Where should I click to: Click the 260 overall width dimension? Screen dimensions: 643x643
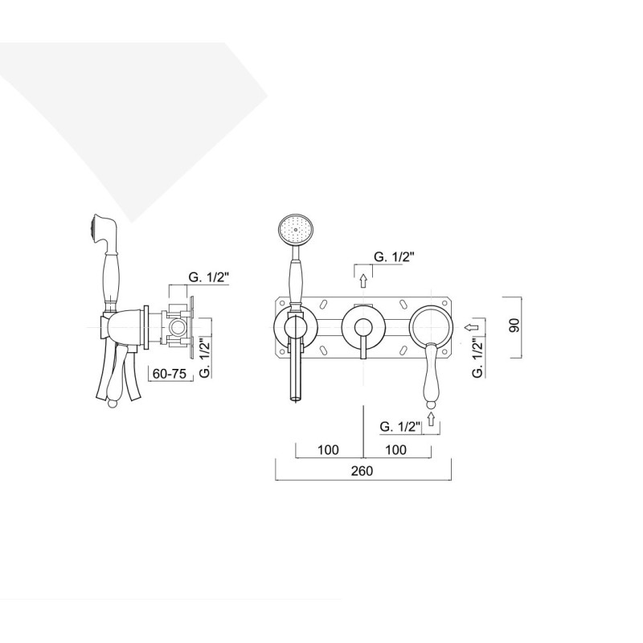coord(362,471)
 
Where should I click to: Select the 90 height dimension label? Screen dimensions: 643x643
coord(514,326)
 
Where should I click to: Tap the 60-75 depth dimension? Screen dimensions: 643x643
coord(170,374)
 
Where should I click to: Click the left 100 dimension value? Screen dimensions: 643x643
coord(328,450)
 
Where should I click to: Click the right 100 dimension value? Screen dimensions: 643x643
coord(395,450)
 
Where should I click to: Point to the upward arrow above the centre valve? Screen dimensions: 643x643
coord(363,281)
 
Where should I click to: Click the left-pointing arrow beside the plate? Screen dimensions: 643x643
coord(472,327)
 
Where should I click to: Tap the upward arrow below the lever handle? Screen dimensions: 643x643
coord(431,419)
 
